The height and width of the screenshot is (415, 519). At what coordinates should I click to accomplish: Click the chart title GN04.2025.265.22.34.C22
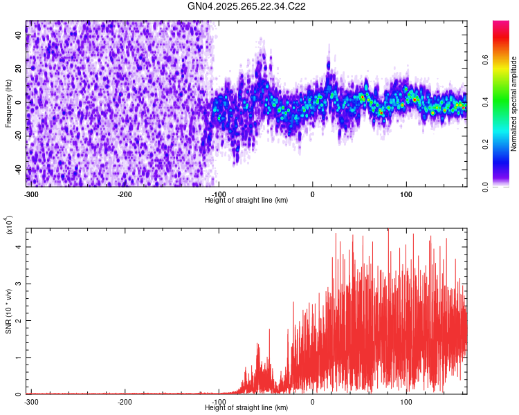point(246,6)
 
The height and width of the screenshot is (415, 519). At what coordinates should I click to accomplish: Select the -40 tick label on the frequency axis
point(17,169)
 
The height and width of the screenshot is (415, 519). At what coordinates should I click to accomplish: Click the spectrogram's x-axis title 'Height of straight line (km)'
point(246,200)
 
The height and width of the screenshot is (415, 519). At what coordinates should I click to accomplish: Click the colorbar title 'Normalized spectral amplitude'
point(515,104)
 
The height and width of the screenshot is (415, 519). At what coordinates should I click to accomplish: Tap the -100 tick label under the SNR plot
point(219,402)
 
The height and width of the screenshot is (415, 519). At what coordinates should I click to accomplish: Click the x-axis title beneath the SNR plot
point(246,407)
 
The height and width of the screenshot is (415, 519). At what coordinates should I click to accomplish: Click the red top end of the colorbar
point(501,25)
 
